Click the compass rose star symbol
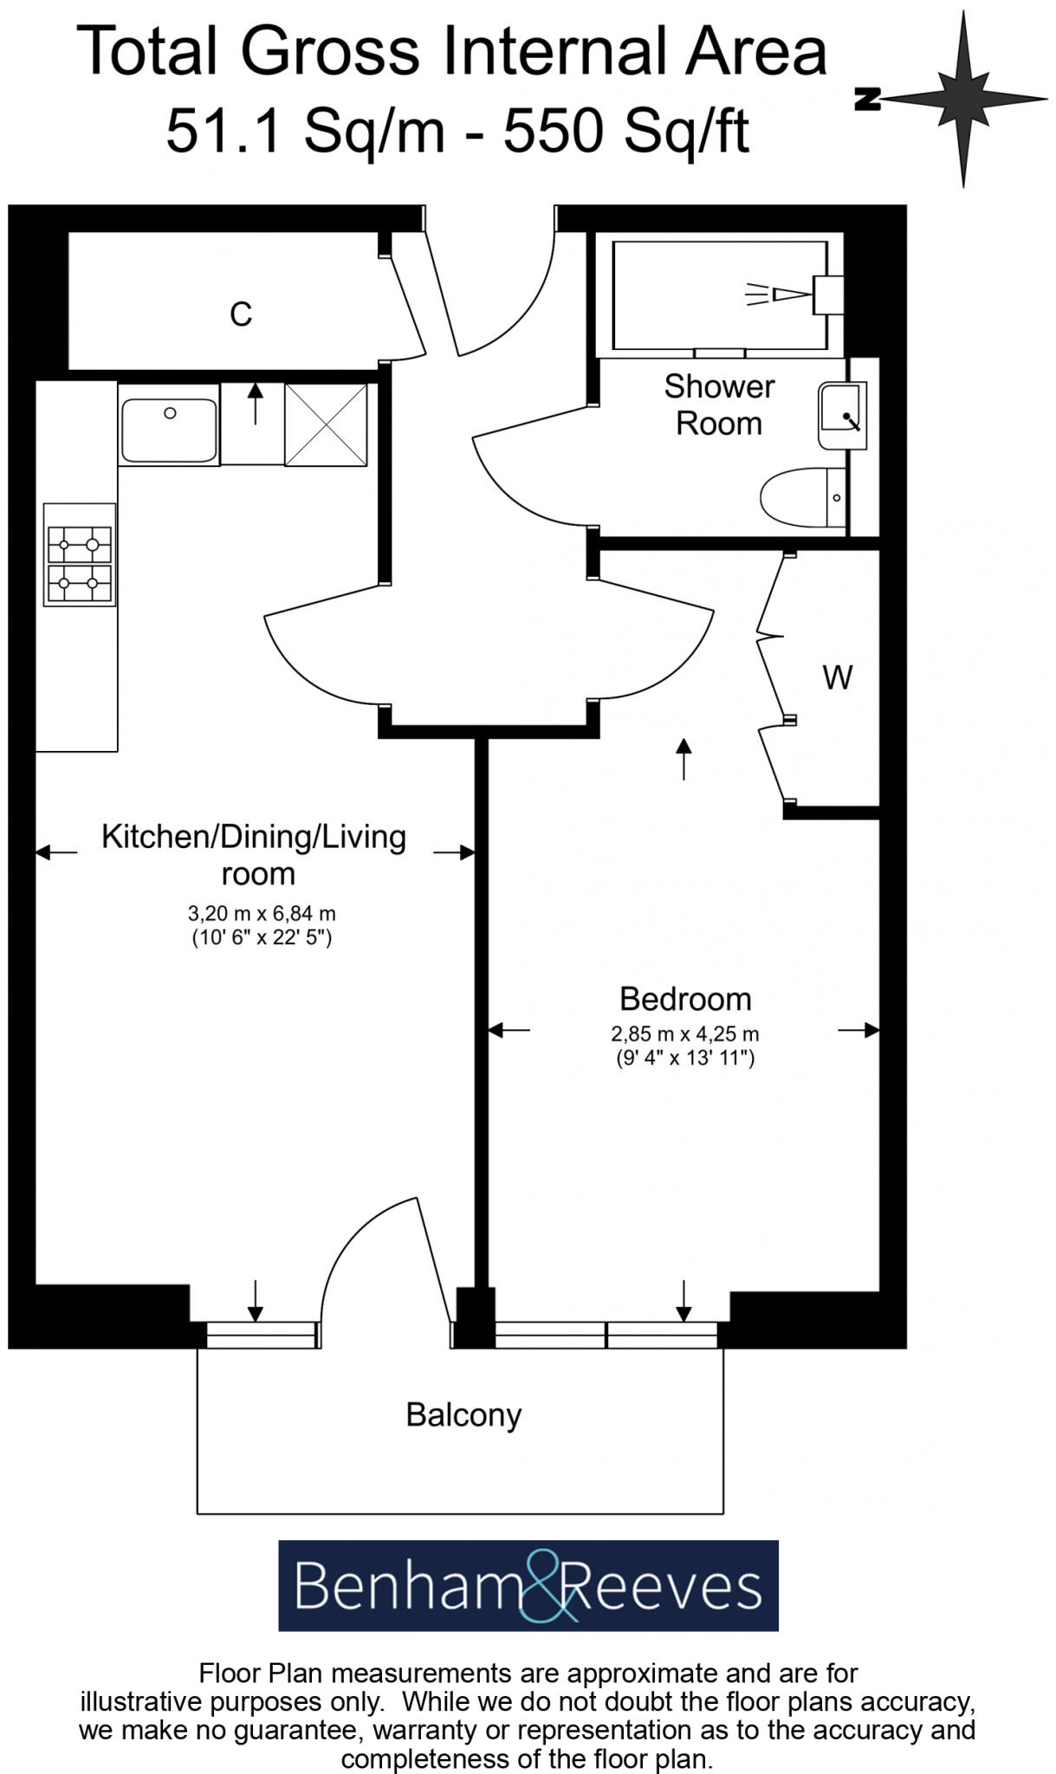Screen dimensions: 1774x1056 (x=963, y=99)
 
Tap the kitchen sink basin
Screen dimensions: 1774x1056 (x=169, y=431)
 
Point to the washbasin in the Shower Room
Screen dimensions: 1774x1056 (x=840, y=417)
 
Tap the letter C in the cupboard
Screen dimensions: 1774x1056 (x=241, y=314)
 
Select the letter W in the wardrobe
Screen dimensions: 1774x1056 (x=837, y=677)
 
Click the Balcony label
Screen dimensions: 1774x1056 (x=463, y=1415)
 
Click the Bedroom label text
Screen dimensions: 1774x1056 (x=685, y=999)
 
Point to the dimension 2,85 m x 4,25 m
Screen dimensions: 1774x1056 (x=685, y=1033)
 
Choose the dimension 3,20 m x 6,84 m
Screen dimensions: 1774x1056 (x=262, y=913)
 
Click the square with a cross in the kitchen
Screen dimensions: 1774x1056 (x=326, y=424)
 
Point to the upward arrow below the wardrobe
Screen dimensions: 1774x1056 (x=684, y=759)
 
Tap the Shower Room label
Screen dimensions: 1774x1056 (x=719, y=405)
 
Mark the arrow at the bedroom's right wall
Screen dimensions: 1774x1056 (x=858, y=1030)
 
